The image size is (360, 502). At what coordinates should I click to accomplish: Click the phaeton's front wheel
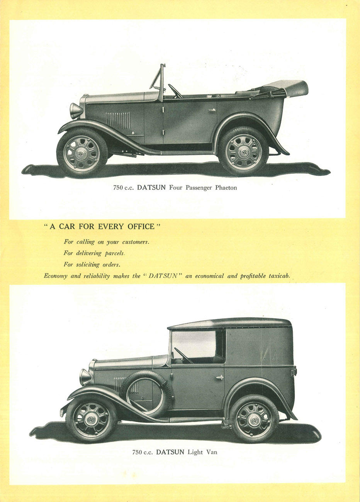click(82, 153)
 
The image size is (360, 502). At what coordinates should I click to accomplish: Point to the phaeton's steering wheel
click(175, 92)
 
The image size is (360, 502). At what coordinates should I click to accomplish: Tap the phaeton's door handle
click(212, 110)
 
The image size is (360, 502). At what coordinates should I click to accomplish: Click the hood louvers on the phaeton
click(118, 120)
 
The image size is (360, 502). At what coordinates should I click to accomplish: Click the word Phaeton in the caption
click(226, 188)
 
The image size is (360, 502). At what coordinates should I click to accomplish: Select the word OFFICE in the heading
click(141, 226)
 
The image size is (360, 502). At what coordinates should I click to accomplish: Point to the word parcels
click(115, 253)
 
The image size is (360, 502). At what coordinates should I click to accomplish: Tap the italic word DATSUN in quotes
click(163, 276)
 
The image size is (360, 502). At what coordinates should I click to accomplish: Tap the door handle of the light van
click(219, 378)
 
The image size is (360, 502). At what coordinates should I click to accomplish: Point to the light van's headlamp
click(85, 377)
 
